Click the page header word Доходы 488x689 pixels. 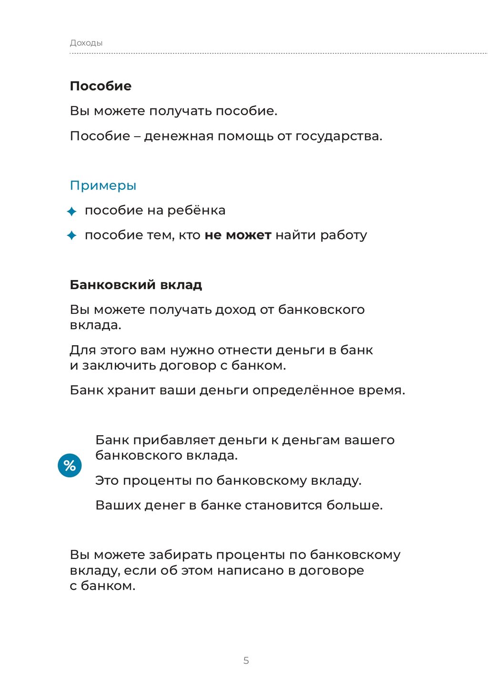pos(86,43)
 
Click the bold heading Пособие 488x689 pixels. pos(101,86)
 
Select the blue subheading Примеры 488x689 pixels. pos(103,185)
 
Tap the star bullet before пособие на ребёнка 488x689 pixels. pos(72,211)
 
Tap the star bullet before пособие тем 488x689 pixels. pos(72,235)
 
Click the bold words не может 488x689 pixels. pos(238,235)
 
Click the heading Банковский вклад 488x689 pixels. pos(136,285)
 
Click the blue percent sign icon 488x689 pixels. pos(70,465)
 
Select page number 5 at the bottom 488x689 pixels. pos(246,660)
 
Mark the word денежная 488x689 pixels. pos(179,136)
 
